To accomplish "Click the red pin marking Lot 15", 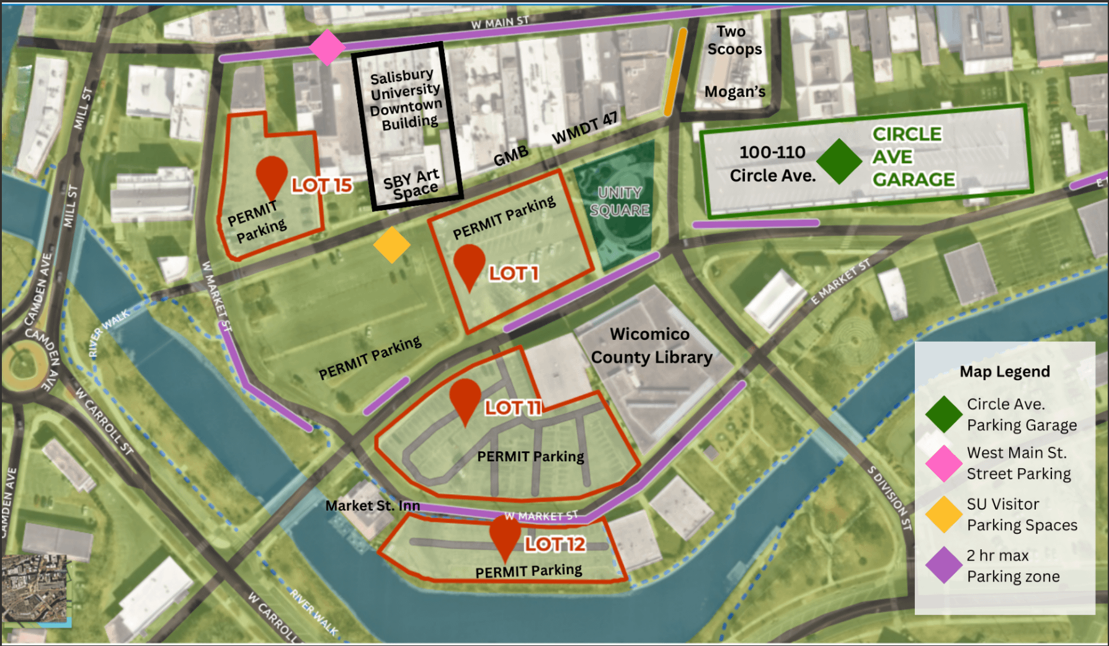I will click(x=271, y=175).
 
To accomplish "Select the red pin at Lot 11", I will click(x=465, y=398).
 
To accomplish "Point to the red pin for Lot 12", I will click(x=505, y=535).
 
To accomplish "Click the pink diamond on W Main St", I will click(x=327, y=47).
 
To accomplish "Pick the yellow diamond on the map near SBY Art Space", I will click(x=392, y=245).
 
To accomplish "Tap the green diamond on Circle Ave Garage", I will click(x=839, y=161).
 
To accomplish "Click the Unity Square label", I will click(x=620, y=201).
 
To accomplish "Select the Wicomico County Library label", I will click(x=651, y=346).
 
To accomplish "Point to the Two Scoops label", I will click(x=734, y=40).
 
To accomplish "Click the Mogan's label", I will click(x=735, y=92).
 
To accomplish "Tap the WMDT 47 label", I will click(x=585, y=127).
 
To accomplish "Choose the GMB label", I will click(x=511, y=156).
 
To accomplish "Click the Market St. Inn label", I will click(x=373, y=506).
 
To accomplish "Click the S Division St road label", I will click(x=889, y=498).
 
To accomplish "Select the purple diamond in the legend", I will click(x=944, y=565).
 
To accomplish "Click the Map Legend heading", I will click(x=1005, y=371).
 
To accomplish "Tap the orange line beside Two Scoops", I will click(x=675, y=72).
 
